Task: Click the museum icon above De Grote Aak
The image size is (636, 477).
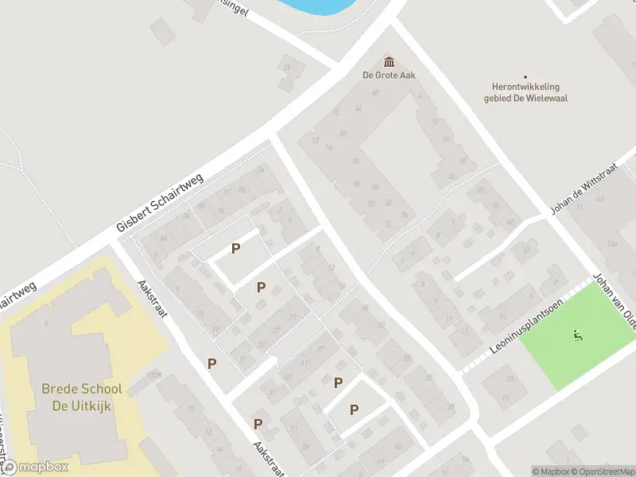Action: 390,62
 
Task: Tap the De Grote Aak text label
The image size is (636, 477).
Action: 390,76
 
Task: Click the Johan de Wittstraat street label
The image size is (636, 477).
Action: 584,193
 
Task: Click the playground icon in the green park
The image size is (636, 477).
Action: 577,335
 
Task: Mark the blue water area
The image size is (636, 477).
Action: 314,6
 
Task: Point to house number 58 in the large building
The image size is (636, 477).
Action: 343,134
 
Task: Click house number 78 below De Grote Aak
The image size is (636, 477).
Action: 355,162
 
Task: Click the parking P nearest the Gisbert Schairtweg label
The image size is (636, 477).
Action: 235,249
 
